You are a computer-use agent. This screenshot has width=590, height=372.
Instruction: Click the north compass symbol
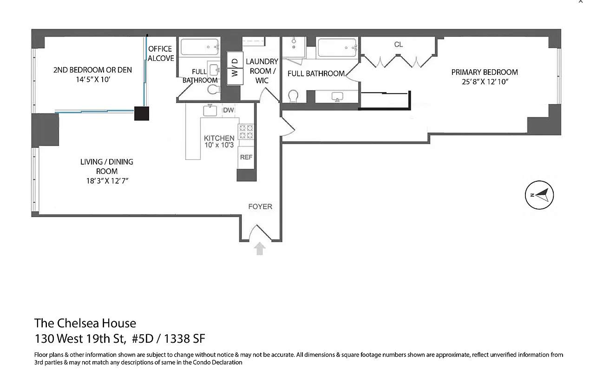(539, 195)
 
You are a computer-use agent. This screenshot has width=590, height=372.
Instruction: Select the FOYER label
(260, 206)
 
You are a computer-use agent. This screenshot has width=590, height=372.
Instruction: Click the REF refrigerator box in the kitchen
(246, 157)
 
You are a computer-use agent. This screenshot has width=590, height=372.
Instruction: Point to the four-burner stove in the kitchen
(246, 132)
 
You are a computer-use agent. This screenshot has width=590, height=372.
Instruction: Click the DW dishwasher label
(228, 110)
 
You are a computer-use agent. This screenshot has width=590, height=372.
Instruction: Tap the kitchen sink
(210, 111)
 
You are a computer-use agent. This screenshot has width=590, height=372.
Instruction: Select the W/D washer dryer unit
(235, 67)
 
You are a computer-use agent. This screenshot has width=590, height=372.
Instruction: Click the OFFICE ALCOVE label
(161, 53)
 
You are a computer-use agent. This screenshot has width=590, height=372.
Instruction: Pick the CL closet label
(398, 45)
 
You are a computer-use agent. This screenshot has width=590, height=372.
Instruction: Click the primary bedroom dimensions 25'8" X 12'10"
(485, 82)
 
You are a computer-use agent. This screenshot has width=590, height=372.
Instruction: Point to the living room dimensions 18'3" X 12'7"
(107, 180)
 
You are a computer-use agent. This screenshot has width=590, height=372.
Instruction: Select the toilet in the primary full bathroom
(294, 96)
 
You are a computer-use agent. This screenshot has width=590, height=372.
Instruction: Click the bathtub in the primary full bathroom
(338, 48)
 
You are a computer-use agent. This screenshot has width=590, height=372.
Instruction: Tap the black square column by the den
(142, 113)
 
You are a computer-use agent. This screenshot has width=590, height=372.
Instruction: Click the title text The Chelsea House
(85, 323)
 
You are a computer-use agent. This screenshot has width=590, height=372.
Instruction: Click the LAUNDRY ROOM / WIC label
(262, 71)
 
